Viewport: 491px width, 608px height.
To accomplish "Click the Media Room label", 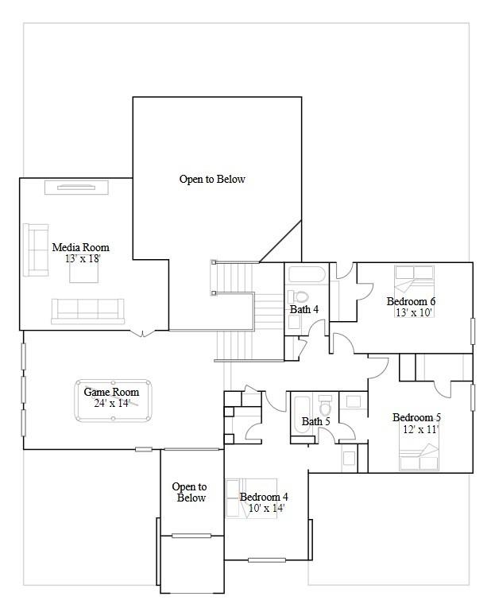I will (x=80, y=247).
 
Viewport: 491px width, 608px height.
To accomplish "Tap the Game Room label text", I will (x=111, y=392).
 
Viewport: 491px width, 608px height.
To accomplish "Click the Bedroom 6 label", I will (x=411, y=301).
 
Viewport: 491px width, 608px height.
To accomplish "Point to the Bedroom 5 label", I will (x=416, y=417).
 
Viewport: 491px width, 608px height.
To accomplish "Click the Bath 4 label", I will (x=305, y=309).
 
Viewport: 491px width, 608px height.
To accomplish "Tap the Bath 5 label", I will (x=315, y=421).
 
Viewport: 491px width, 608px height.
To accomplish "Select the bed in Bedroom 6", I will (x=415, y=280).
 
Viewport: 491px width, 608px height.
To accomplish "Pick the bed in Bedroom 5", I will (x=419, y=457).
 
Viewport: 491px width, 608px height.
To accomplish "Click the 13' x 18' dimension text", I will (x=83, y=258).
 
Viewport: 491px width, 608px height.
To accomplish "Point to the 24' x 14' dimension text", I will (x=111, y=403).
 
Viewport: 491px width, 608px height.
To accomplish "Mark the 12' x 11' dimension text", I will (x=420, y=429).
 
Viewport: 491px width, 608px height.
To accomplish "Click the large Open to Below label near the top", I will (x=212, y=180).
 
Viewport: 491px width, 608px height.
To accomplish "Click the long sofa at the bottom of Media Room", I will (x=87, y=310).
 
